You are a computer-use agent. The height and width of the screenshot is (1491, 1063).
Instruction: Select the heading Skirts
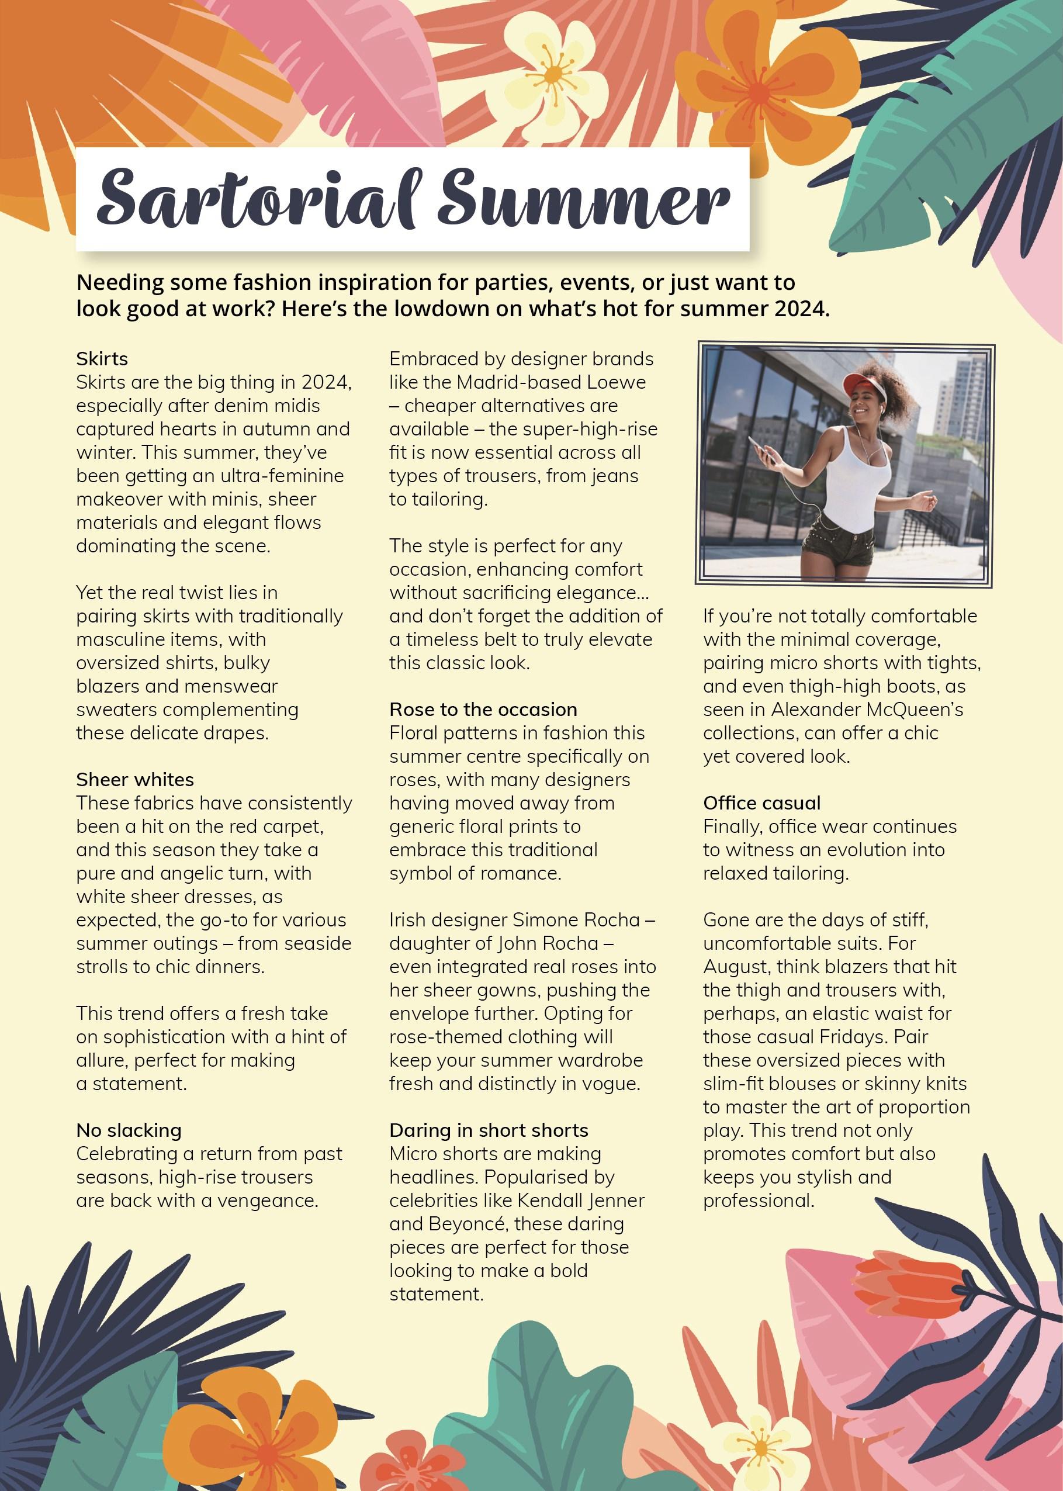point(102,359)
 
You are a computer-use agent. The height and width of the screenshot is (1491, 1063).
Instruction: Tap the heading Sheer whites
point(135,780)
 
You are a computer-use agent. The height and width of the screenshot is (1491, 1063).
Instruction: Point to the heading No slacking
point(129,1130)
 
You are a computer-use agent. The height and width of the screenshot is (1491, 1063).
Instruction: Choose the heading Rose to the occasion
point(483,710)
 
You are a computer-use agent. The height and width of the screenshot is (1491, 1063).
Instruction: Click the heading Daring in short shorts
point(489,1130)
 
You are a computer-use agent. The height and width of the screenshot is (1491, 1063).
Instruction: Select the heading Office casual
point(762,803)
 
